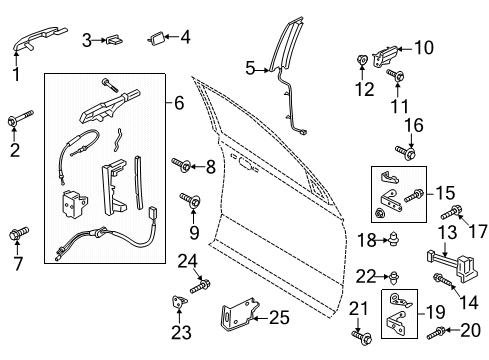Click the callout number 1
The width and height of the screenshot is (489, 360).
pos(16,73)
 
